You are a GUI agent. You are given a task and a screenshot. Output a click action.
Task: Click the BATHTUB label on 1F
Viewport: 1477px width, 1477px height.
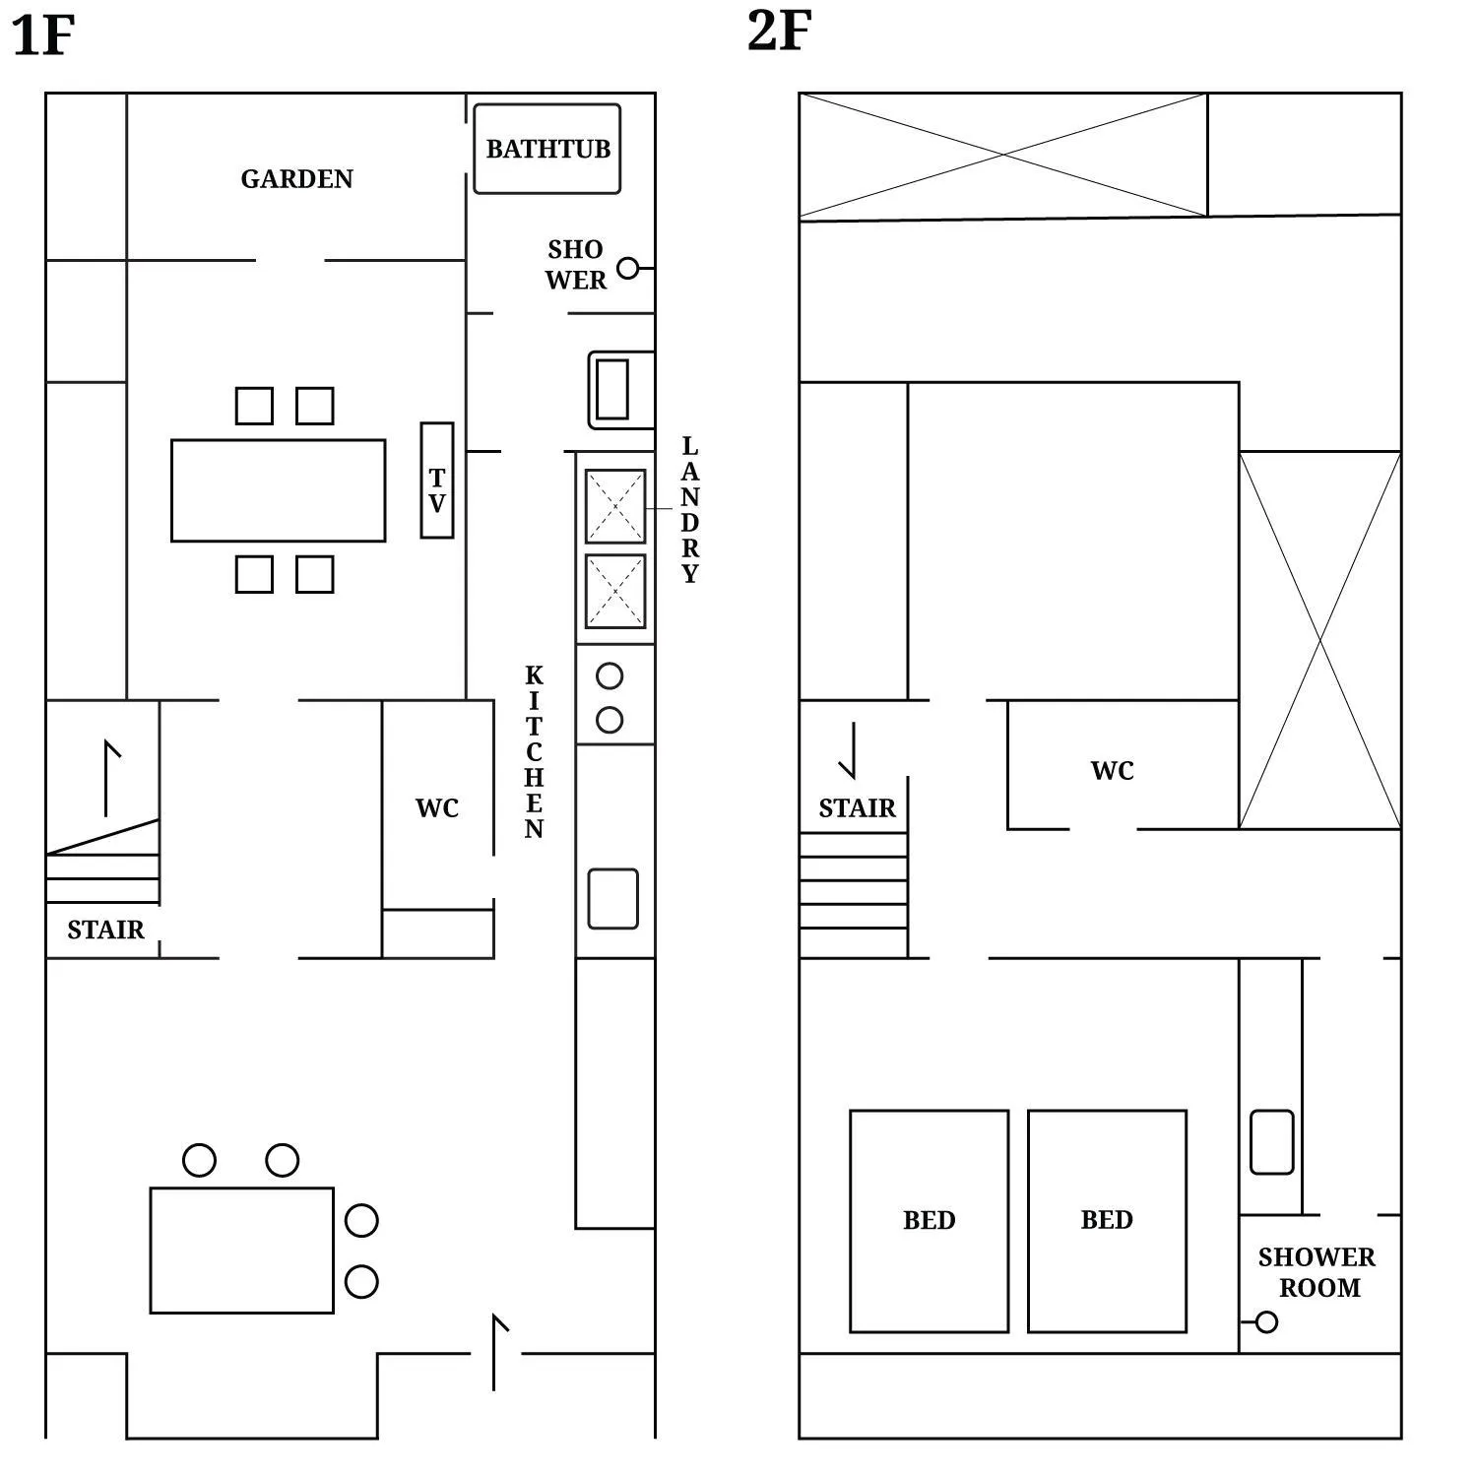click(547, 149)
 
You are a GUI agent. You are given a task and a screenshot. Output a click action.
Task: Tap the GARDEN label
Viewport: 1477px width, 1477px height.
click(296, 179)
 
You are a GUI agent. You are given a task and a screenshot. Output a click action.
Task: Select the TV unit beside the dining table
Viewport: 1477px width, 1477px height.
click(437, 481)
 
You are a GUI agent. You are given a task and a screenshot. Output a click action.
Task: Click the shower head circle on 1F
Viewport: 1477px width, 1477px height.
click(627, 268)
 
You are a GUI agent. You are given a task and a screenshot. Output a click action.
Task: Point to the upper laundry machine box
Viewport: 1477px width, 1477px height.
click(615, 506)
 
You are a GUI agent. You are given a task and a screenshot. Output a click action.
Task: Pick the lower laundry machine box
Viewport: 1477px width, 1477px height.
click(615, 591)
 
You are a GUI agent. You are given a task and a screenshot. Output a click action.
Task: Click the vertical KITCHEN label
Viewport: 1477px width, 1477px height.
click(534, 752)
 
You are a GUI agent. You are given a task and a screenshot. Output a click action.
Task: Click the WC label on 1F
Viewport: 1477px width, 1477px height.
click(437, 808)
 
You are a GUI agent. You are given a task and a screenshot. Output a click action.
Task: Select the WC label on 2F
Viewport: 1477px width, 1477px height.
click(1112, 771)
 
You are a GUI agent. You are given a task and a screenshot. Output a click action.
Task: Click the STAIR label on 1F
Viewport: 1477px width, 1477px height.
click(105, 930)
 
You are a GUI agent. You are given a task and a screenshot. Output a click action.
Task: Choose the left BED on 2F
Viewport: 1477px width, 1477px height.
click(929, 1221)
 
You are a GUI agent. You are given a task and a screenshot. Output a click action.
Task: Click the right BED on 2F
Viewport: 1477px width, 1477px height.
click(1107, 1221)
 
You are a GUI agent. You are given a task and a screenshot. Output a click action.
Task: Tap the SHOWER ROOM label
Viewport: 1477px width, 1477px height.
click(1317, 1272)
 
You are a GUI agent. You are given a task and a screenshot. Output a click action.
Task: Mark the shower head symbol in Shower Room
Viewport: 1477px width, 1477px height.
click(1266, 1322)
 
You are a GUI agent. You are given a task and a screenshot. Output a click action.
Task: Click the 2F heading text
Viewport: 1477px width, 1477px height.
click(779, 32)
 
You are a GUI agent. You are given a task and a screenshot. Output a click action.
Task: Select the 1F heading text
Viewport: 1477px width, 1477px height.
click(43, 35)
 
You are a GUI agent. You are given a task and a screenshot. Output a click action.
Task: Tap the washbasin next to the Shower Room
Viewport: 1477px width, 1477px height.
click(1271, 1142)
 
